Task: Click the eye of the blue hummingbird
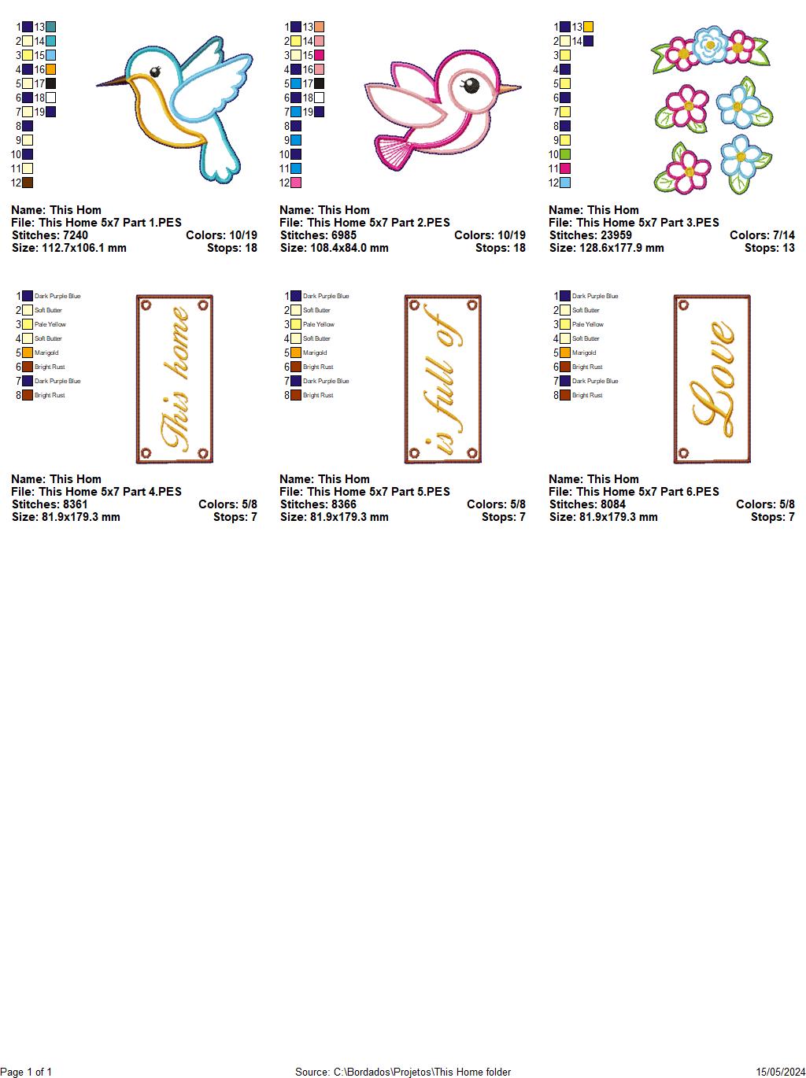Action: [155, 72]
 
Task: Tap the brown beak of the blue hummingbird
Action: [112, 81]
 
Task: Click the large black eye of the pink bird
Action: [471, 86]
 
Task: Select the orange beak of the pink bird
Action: [510, 88]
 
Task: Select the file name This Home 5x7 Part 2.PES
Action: [378, 223]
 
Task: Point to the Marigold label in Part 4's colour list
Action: [46, 353]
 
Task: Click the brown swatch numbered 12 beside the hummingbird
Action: [28, 183]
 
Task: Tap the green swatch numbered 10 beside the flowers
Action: [565, 154]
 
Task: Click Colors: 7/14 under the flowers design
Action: [762, 235]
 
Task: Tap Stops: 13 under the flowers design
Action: [769, 248]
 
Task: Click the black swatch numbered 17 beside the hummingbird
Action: [50, 83]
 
